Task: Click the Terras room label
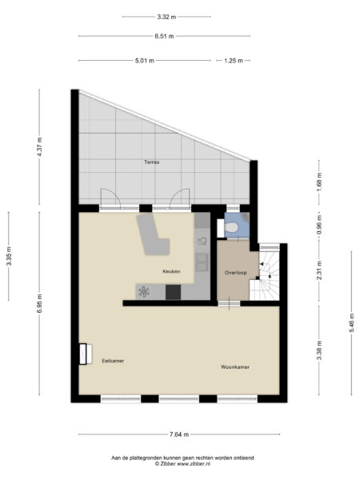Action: pyautogui.click(x=151, y=162)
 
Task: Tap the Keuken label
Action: pyautogui.click(x=171, y=271)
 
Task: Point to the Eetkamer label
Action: pyautogui.click(x=113, y=361)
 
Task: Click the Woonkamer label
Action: pyautogui.click(x=236, y=367)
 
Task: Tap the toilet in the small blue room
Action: pyautogui.click(x=232, y=229)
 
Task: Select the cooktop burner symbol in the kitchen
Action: pyautogui.click(x=144, y=292)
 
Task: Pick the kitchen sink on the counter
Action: pyautogui.click(x=202, y=239)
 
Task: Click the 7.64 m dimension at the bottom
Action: pyautogui.click(x=179, y=434)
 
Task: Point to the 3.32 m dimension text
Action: pyautogui.click(x=166, y=16)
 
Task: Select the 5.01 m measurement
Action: pyautogui.click(x=144, y=61)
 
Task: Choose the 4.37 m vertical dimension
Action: pyautogui.click(x=39, y=147)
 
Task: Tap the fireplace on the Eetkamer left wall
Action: pyautogui.click(x=83, y=353)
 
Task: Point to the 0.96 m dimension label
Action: pyautogui.click(x=318, y=226)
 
